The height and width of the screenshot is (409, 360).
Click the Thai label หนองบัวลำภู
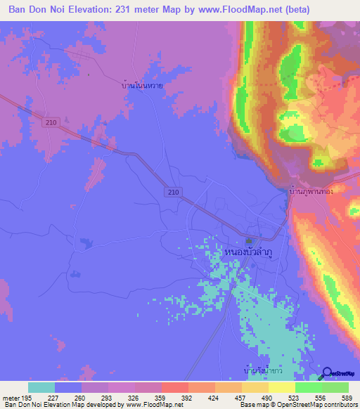[248, 250]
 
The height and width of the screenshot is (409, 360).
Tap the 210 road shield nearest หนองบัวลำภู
[175, 191]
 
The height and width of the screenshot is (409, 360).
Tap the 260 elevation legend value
[81, 396]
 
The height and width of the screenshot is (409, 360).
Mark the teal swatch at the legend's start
[41, 387]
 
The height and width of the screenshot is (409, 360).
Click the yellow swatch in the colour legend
[282, 387]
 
